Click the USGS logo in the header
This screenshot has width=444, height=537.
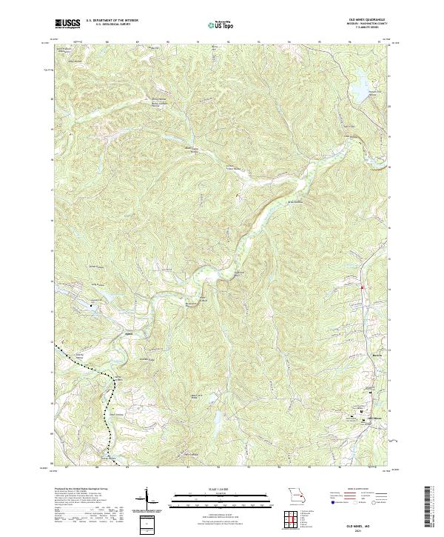coord(68,24)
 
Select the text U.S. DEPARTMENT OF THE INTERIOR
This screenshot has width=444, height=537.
coord(110,21)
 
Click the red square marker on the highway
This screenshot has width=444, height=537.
coord(362,287)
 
